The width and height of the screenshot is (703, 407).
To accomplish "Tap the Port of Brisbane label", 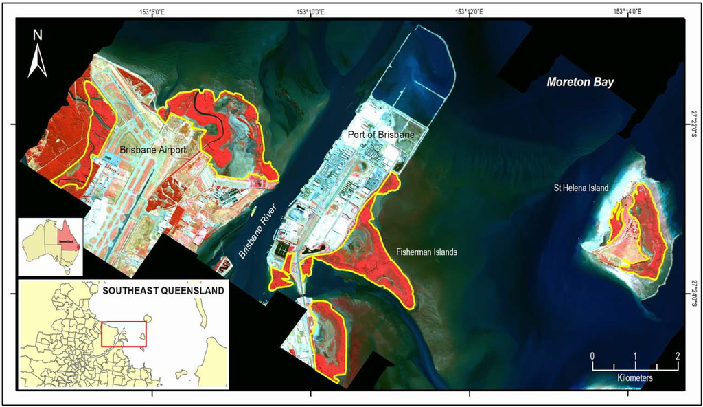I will click(381, 135).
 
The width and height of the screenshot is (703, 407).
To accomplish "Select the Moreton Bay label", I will click(580, 82).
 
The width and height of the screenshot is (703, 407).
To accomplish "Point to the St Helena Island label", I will click(581, 188).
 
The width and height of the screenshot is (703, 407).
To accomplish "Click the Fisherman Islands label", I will click(427, 252).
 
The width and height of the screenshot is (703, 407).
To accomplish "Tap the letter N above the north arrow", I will click(38, 35).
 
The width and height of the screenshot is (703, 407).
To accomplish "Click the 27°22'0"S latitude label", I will click(693, 124).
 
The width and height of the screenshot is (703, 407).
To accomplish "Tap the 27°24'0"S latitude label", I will click(693, 293).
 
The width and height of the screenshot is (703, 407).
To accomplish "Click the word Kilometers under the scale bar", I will click(635, 378).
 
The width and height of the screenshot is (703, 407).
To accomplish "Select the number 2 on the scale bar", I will click(678, 355).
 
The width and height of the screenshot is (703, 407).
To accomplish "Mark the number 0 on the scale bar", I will click(592, 355).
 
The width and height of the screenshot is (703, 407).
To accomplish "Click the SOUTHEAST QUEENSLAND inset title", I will click(163, 291).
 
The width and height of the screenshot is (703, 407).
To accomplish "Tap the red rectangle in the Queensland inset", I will click(124, 334).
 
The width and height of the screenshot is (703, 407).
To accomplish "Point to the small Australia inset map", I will click(51, 245).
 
